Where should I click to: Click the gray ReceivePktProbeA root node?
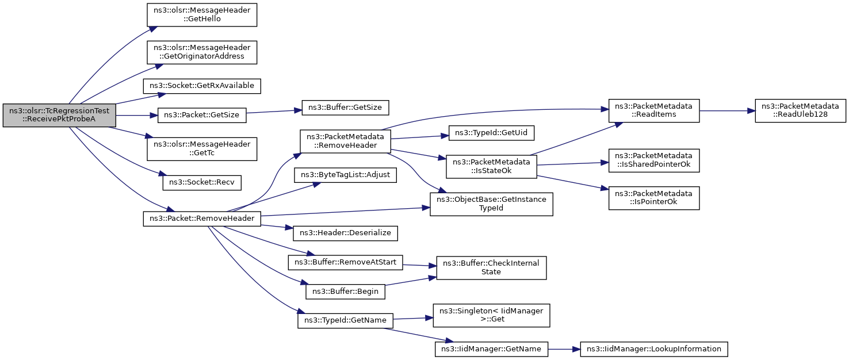click(59, 115)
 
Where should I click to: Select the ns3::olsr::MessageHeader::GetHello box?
click(202, 15)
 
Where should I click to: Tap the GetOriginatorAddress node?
click(202, 52)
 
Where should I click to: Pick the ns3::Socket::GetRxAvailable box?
click(202, 86)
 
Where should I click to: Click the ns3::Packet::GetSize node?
click(202, 115)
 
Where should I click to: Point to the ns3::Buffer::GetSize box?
click(345, 108)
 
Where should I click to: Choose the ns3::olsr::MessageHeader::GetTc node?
click(202, 149)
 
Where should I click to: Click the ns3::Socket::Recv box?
click(202, 183)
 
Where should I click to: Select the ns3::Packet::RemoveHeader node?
click(202, 219)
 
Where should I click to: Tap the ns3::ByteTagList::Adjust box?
click(345, 175)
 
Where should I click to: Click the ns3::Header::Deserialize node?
click(345, 233)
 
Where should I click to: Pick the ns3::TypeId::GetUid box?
click(491, 133)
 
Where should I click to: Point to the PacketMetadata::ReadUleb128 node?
click(801, 110)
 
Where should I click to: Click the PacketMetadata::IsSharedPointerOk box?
click(654, 160)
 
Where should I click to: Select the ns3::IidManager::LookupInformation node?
click(654, 349)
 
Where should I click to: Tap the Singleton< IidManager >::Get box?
click(491, 315)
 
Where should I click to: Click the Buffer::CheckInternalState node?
click(491, 268)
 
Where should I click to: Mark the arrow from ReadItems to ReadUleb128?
click(727, 111)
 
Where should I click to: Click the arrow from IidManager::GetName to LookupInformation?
click(564, 349)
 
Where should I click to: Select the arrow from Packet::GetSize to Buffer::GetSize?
click(274, 112)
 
